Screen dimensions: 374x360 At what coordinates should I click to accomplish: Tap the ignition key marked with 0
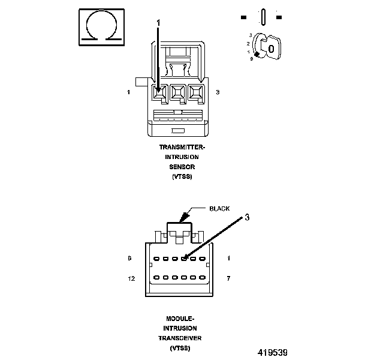(x=271, y=49)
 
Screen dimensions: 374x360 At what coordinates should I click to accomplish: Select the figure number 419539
(x=272, y=353)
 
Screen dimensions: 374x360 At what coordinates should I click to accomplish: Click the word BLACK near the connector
(x=219, y=209)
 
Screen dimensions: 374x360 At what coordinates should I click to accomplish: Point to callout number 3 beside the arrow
(x=247, y=217)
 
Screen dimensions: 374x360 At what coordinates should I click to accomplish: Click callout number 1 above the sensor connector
(x=158, y=23)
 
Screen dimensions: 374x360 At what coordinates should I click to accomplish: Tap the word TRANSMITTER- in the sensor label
(x=182, y=147)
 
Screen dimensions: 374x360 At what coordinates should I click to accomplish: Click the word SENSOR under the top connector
(x=182, y=167)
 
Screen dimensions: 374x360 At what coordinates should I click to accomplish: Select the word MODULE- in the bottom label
(x=180, y=319)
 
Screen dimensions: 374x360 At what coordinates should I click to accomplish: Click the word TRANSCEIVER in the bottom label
(x=180, y=338)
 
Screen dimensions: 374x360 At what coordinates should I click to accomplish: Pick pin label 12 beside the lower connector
(x=131, y=278)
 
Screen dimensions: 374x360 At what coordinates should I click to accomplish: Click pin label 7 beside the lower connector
(x=228, y=278)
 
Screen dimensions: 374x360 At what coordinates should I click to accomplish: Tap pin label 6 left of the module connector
(x=129, y=258)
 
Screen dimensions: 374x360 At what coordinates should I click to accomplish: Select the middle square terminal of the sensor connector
(x=178, y=92)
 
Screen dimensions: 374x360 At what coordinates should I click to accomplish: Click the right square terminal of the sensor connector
(x=196, y=92)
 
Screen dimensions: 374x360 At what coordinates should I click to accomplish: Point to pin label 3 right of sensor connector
(x=218, y=92)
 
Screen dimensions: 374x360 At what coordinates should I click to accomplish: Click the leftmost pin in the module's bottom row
(x=156, y=277)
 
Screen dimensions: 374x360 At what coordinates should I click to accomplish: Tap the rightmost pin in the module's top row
(x=202, y=259)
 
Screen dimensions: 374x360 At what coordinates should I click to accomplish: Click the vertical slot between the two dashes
(x=263, y=17)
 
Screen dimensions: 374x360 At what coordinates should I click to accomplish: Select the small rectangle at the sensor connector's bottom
(x=178, y=131)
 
